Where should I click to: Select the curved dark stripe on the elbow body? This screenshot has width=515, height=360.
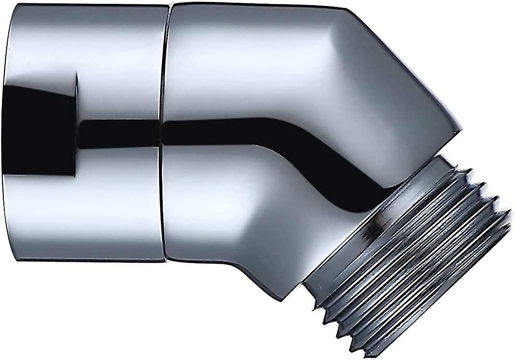[x=269, y=139]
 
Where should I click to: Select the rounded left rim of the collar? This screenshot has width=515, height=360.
[x=6, y=134]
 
